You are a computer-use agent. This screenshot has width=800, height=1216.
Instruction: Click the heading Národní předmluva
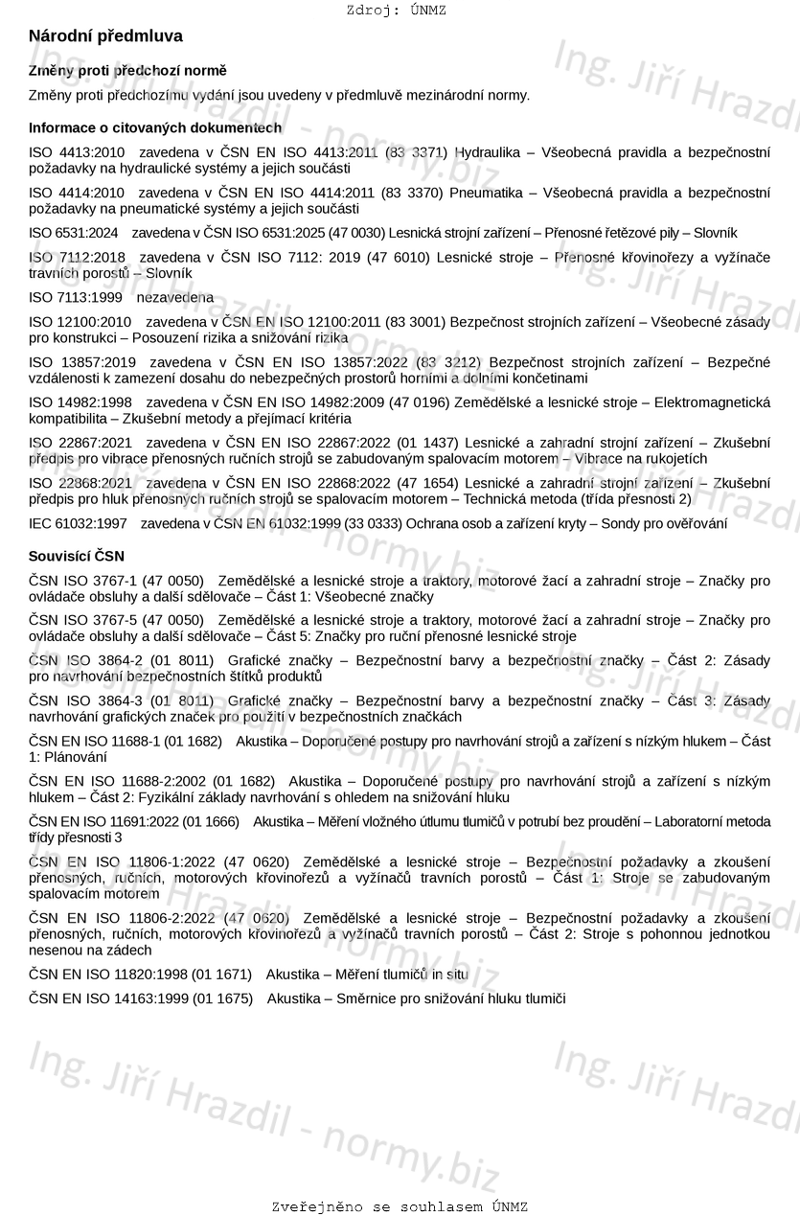tap(105, 36)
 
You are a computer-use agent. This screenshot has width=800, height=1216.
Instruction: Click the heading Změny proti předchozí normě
tap(127, 71)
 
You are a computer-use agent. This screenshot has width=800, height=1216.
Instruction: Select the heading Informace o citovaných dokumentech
tap(155, 127)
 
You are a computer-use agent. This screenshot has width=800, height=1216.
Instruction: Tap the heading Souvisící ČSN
tap(77, 556)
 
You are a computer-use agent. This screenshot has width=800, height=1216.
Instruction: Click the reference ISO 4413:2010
tap(77, 152)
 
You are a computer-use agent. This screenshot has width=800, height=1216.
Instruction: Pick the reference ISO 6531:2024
tap(74, 233)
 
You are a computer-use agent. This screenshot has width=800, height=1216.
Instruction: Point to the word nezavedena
tap(175, 298)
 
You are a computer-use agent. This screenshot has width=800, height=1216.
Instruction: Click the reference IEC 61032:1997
tap(78, 523)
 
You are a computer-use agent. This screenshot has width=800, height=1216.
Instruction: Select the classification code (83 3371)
tap(416, 152)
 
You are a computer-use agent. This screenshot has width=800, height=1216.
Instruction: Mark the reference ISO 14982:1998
tap(80, 402)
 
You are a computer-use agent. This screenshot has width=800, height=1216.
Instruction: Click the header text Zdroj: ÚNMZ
tap(397, 11)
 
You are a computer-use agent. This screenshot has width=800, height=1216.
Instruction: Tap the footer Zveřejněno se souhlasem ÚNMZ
tap(400, 1206)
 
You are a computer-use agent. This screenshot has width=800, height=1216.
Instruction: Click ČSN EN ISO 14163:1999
tap(107, 998)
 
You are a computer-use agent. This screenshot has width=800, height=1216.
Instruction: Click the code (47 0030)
tap(354, 233)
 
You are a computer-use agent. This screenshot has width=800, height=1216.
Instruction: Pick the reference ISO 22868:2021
tap(80, 483)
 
